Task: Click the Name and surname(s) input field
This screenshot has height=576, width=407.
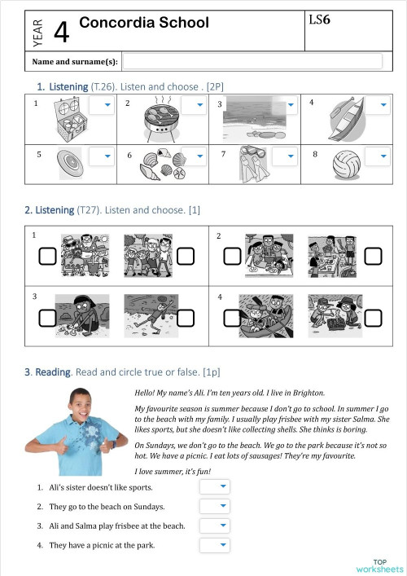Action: click(252, 61)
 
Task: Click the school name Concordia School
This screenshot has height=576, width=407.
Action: click(144, 23)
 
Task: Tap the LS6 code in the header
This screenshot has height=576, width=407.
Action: click(320, 19)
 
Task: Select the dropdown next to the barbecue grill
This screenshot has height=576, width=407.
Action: click(193, 106)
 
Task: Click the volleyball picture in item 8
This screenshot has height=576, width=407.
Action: click(346, 165)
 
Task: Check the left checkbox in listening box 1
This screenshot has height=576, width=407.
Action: click(47, 257)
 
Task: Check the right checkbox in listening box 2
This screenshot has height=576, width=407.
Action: click(372, 257)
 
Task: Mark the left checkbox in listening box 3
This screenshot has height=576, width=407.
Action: click(47, 317)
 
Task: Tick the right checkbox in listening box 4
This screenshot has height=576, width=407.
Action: click(372, 317)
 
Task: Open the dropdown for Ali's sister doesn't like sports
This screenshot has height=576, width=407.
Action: click(215, 486)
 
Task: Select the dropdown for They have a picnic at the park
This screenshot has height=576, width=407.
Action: click(215, 545)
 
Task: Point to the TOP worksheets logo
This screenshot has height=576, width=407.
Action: click(379, 565)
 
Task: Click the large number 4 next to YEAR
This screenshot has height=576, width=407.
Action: click(61, 33)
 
